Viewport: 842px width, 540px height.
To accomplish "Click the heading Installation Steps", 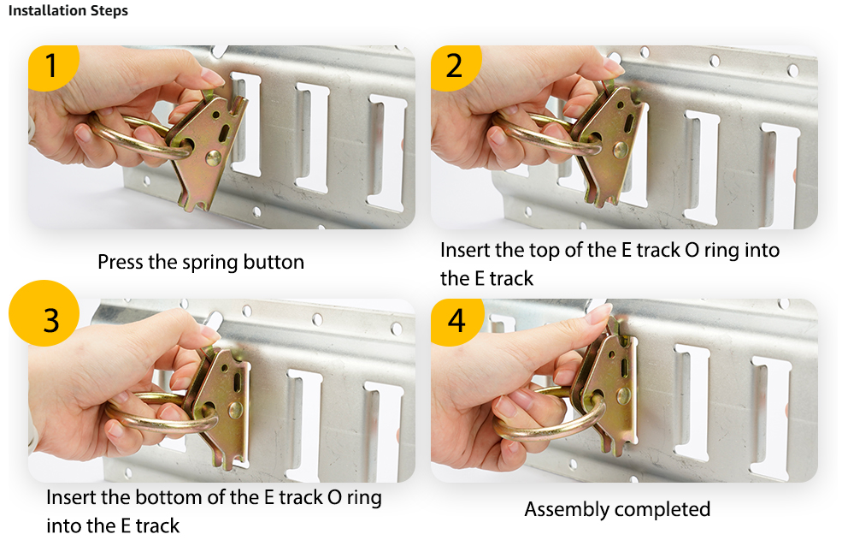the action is [68, 11].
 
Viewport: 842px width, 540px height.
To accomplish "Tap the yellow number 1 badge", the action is [53, 67].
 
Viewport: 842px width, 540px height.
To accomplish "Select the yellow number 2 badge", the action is [455, 67].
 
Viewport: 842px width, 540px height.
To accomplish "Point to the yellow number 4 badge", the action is [456, 321].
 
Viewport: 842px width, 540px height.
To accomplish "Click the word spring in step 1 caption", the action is [210, 263].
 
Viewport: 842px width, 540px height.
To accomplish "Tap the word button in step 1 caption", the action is [274, 262].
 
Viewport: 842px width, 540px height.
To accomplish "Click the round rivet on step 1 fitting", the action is [213, 157].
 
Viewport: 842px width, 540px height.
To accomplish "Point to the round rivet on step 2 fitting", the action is [621, 150].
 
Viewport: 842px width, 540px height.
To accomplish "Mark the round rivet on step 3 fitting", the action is [235, 411].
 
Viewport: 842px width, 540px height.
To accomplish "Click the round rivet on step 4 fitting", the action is [623, 396].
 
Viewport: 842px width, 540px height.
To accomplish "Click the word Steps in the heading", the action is [109, 11].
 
